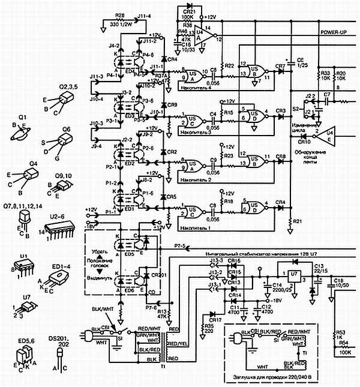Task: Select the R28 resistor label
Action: pyautogui.click(x=119, y=14)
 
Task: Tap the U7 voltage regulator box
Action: pyautogui.click(x=293, y=278)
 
